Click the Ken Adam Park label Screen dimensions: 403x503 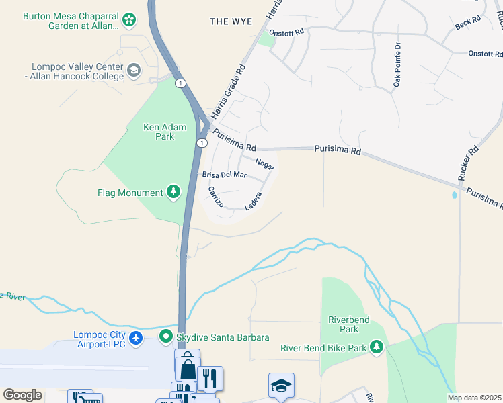pos(159,131)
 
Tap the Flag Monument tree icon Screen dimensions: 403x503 pos(174,193)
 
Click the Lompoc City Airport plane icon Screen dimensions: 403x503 pos(137,337)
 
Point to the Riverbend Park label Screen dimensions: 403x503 pos(348,324)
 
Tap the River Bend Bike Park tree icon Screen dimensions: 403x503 pos(377,347)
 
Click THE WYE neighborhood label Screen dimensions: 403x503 pos(231,22)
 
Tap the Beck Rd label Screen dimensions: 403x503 pos(468,22)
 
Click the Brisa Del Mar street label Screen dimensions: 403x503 pos(225,175)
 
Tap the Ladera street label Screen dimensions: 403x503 pos(254,200)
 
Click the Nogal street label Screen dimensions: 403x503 pos(264,163)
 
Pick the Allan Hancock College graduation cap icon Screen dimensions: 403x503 pos(134,70)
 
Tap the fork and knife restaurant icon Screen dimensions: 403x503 pos(210,378)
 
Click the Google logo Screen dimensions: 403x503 pos(22,394)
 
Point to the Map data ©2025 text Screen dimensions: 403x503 pos(473,398)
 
